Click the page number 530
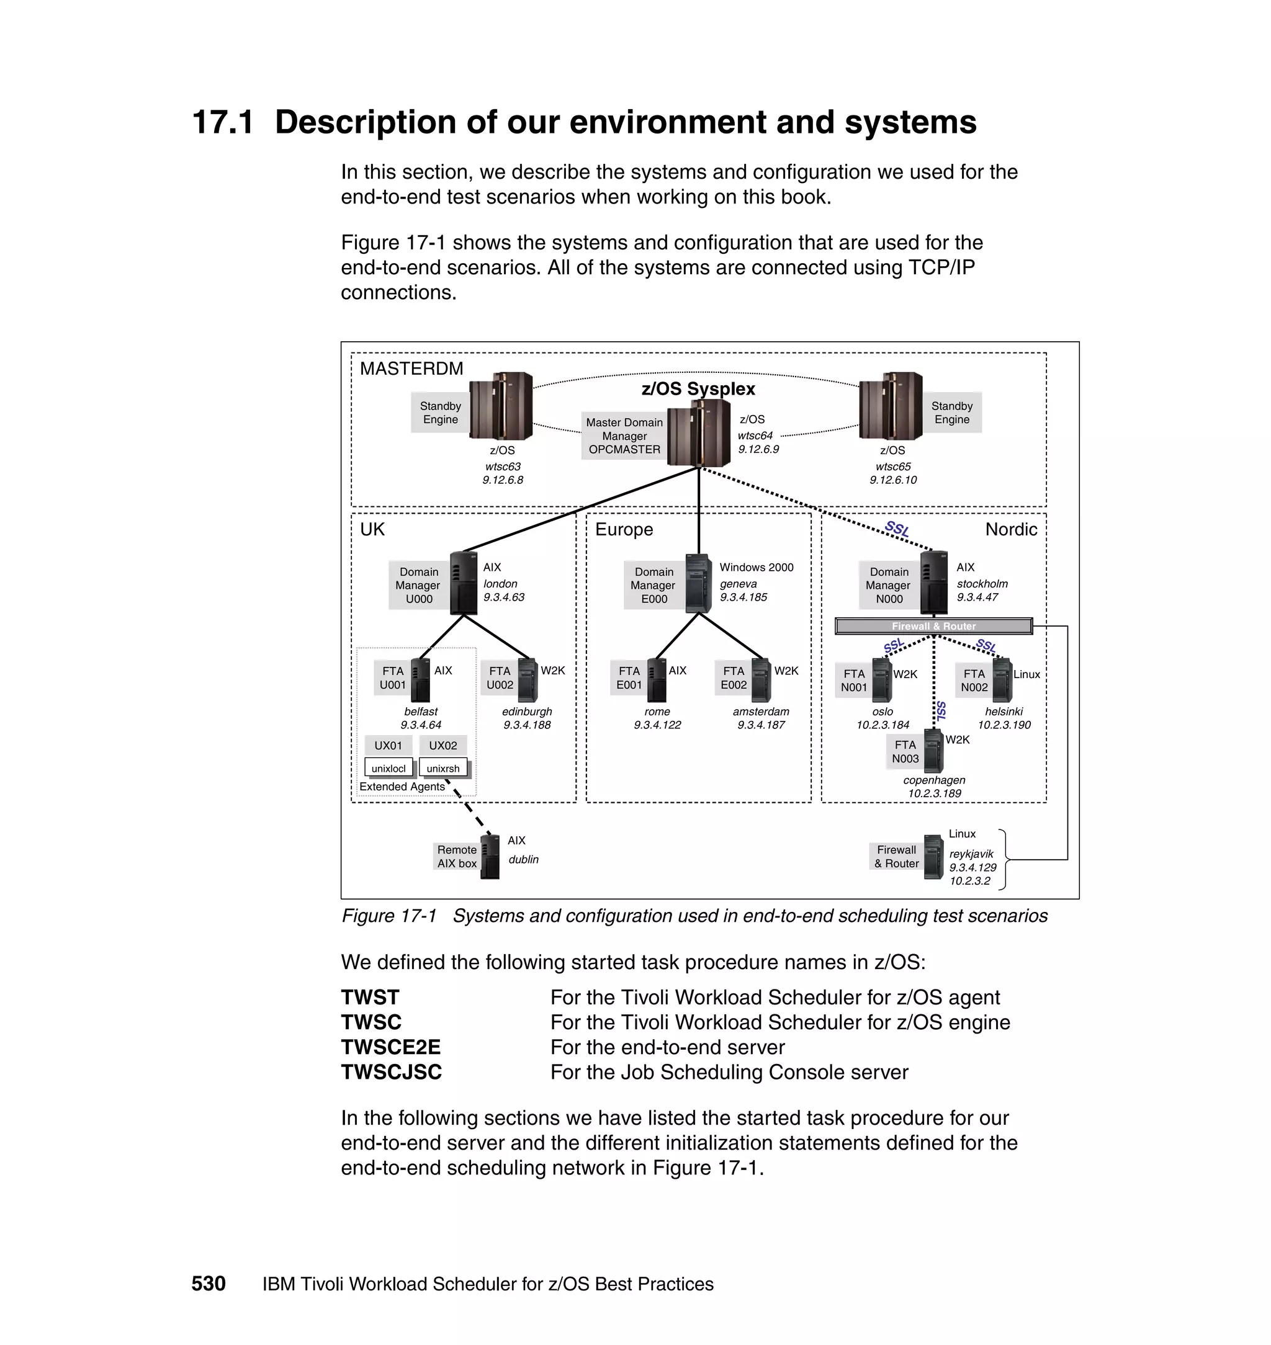[x=208, y=1284]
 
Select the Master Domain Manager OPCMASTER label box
[x=624, y=436]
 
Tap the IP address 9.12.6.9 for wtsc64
[x=758, y=449]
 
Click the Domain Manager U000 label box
[x=419, y=585]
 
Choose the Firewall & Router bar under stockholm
[x=933, y=626]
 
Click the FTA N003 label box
[x=905, y=752]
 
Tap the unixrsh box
[x=443, y=768]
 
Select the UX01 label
[x=388, y=745]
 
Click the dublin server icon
[x=490, y=857]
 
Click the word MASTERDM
[x=411, y=369]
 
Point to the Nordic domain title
[x=1011, y=529]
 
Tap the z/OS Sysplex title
[x=698, y=389]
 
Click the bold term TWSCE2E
[x=391, y=1047]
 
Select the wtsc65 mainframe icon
[x=890, y=406]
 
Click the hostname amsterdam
[x=761, y=711]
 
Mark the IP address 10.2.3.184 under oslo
[x=883, y=725]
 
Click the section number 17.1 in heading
[x=223, y=123]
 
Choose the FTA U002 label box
[x=500, y=677]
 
